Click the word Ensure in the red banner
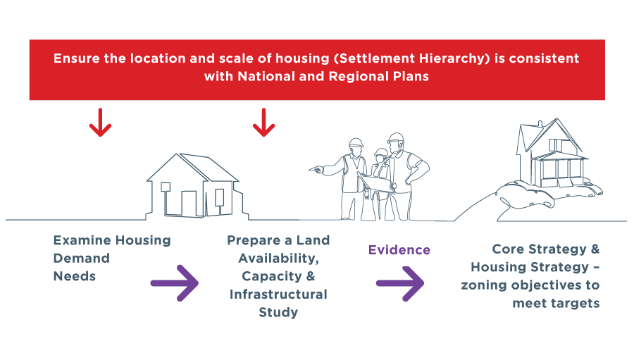click(77, 58)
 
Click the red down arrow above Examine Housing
click(100, 122)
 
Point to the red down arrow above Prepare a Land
click(263, 122)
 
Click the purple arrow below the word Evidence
click(400, 283)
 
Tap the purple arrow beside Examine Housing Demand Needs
click(174, 283)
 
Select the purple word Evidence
click(399, 250)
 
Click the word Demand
click(81, 258)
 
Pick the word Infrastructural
click(278, 294)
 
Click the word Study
click(278, 312)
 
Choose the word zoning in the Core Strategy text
click(483, 285)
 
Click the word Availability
click(278, 258)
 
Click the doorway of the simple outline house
click(189, 204)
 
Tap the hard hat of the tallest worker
click(396, 137)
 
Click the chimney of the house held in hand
click(540, 123)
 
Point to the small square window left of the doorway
click(166, 187)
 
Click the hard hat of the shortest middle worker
click(381, 152)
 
